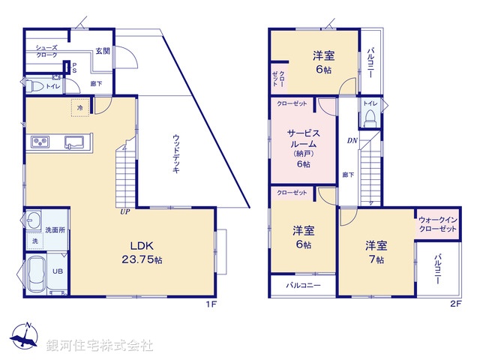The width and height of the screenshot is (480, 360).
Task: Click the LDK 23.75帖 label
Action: [142, 253]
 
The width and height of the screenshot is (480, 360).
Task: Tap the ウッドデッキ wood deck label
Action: [175, 154]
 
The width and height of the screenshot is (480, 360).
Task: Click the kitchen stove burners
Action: [40, 142]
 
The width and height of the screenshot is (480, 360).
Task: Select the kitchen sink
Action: [74, 142]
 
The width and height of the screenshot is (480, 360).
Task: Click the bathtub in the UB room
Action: [38, 271]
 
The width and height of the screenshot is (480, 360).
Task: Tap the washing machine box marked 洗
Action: [34, 241]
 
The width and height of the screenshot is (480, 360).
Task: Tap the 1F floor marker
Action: [211, 304]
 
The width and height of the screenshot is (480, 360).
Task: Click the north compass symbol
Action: [26, 337]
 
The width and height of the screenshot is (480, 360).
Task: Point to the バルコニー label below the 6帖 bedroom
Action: [303, 286]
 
